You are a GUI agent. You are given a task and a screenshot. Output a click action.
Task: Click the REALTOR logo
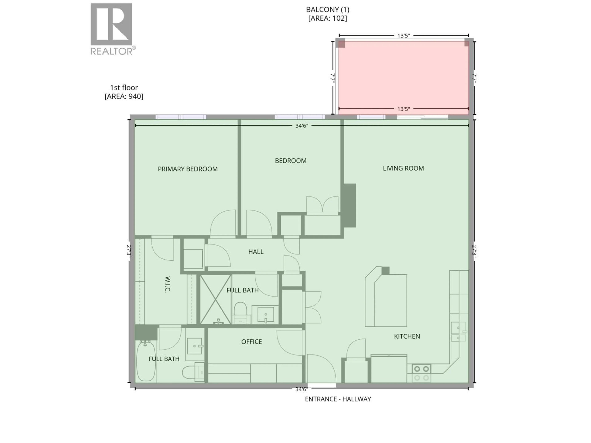point(112,28)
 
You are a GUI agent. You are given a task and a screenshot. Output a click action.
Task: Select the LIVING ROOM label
point(403,168)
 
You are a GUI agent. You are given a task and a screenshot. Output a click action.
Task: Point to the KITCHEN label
point(407,336)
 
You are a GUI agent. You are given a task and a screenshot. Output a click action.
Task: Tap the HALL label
point(256,251)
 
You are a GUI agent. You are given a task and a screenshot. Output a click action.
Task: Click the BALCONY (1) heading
point(328,10)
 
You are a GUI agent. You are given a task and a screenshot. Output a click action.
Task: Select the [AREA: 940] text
point(124,96)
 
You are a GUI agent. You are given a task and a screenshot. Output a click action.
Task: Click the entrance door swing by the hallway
point(321,369)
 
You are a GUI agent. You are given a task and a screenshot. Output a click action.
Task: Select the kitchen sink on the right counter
point(458,331)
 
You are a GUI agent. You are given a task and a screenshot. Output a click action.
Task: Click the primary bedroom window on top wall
point(181,117)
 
